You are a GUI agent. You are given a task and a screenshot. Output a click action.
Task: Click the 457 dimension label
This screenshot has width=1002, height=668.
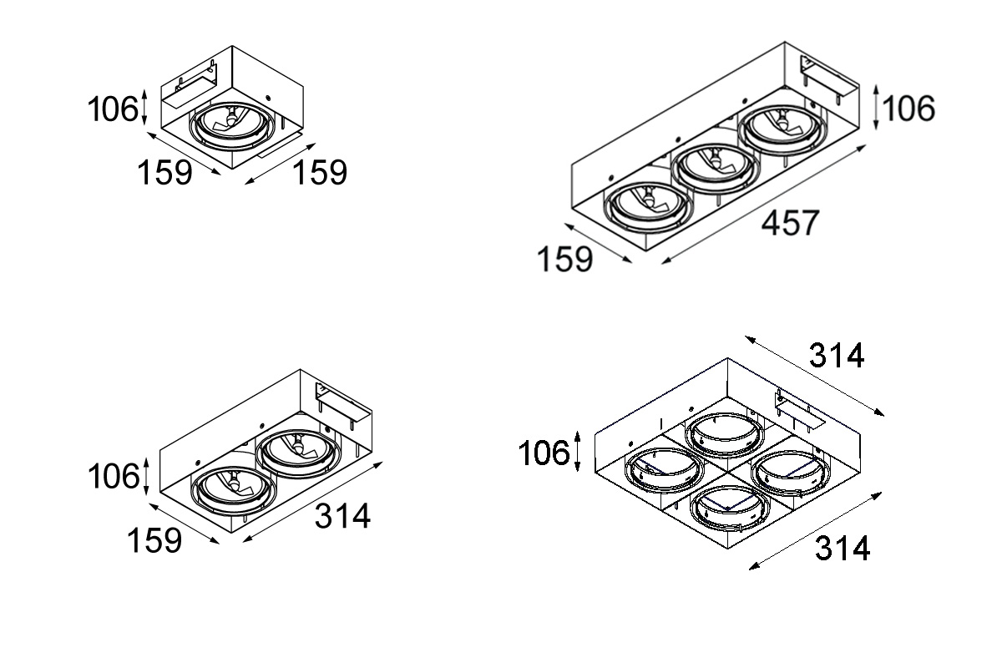(x=790, y=223)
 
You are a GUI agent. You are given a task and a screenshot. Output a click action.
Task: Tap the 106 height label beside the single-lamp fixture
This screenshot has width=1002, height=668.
(x=113, y=109)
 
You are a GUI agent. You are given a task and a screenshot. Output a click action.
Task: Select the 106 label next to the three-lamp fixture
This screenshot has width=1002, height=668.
(x=909, y=109)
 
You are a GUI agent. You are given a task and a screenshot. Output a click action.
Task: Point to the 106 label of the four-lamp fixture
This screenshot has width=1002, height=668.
(x=544, y=453)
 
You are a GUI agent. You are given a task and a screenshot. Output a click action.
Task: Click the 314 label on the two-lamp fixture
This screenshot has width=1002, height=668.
(x=342, y=516)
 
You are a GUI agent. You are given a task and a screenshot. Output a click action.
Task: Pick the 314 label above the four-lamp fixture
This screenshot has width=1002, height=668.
(x=837, y=356)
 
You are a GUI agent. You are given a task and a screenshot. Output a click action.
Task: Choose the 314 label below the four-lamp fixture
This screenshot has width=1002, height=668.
(x=843, y=548)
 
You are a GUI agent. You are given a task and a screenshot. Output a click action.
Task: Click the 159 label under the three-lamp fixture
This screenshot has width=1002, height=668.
(x=564, y=259)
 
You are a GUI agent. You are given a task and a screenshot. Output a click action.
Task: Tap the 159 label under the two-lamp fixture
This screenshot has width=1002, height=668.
(x=154, y=540)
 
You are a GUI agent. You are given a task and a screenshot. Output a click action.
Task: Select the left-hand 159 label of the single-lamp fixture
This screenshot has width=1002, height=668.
(x=164, y=173)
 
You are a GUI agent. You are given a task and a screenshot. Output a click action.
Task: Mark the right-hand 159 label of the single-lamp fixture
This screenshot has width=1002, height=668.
(x=320, y=172)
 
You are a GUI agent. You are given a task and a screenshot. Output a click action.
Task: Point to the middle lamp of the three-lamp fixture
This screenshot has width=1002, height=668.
(x=716, y=169)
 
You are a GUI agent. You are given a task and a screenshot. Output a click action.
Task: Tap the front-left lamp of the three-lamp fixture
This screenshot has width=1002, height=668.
(x=649, y=208)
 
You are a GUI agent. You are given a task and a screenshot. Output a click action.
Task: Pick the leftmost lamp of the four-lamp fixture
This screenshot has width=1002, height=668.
(x=665, y=471)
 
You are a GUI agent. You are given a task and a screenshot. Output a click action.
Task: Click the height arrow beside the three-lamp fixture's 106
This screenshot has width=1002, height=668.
(x=876, y=108)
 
